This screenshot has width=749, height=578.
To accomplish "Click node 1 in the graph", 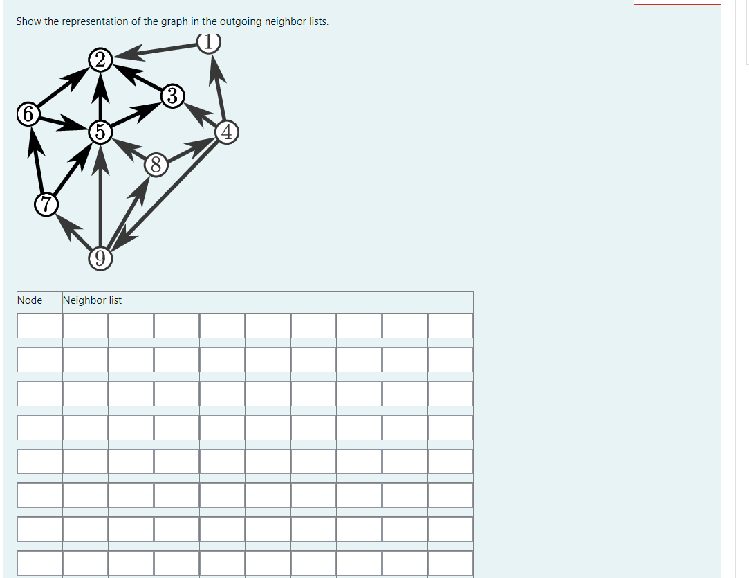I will (x=209, y=43).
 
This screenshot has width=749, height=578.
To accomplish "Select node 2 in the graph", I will (x=101, y=60).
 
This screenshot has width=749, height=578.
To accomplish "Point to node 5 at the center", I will (x=101, y=130).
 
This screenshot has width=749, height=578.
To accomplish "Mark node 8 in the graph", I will (x=156, y=165).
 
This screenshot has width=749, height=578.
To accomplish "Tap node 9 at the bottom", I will (x=101, y=259).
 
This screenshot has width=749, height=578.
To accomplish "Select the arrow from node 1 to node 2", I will (x=156, y=51).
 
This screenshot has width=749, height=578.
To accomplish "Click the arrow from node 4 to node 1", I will (x=219, y=87).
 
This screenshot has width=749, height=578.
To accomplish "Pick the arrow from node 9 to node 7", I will (x=73, y=232).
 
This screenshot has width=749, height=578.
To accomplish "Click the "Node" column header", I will (x=30, y=300).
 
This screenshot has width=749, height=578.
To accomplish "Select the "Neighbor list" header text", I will (x=92, y=300).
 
